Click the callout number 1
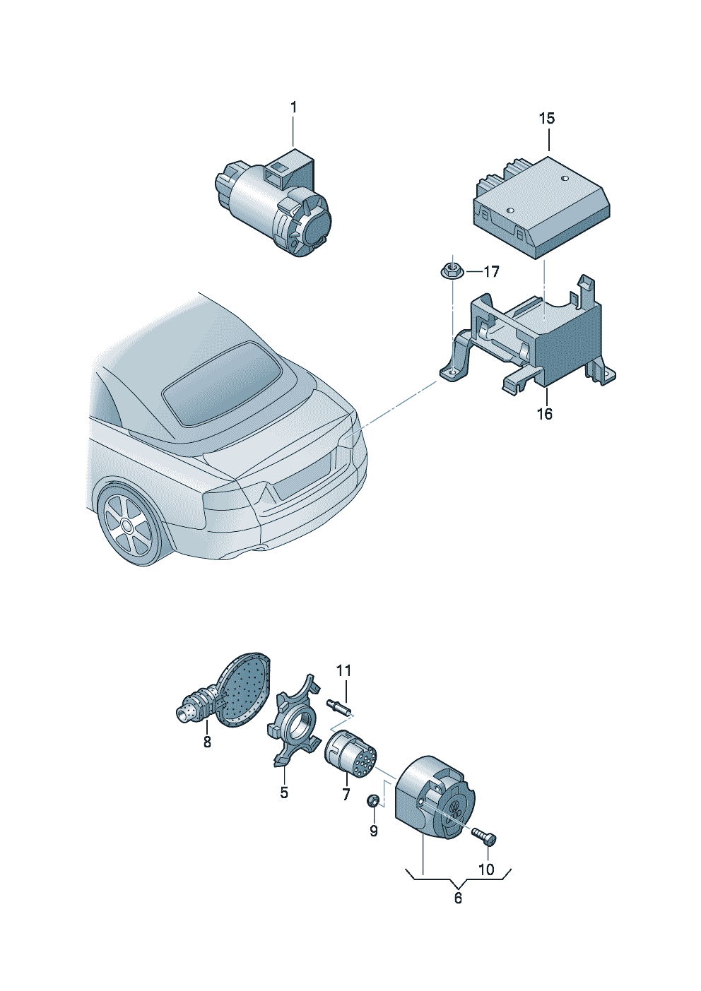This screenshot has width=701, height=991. click(293, 107)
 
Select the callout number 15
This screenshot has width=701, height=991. click(546, 118)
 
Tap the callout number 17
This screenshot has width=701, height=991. click(491, 271)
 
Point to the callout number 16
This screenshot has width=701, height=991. click(545, 414)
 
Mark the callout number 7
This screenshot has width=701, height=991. click(346, 793)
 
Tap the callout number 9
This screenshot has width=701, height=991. click(374, 831)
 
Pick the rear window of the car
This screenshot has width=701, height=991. click(222, 384)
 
